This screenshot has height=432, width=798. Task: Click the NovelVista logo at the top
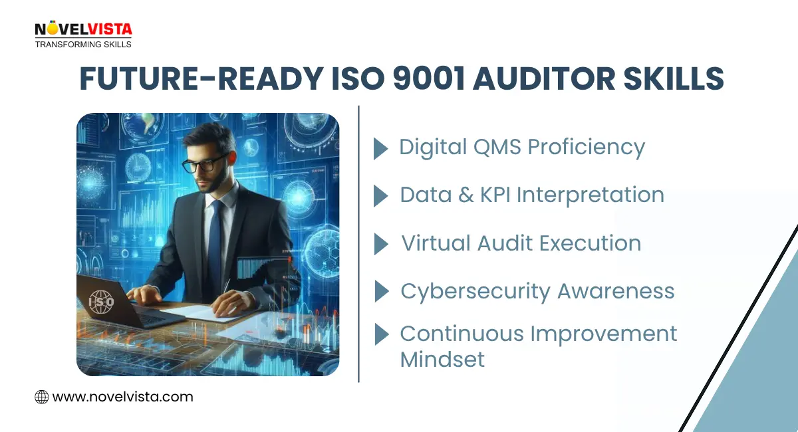82,29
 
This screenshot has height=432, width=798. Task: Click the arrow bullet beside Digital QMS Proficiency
380,148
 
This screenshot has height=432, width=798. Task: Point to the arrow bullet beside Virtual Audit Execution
380,244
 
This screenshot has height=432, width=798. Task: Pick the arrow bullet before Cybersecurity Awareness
380,291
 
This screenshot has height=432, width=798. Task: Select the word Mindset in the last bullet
442,360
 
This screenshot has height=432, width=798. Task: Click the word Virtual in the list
435,243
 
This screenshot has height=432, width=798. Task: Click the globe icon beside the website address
41,397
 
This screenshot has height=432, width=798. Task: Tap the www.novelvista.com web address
122,397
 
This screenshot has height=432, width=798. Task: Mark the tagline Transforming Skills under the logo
82,44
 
